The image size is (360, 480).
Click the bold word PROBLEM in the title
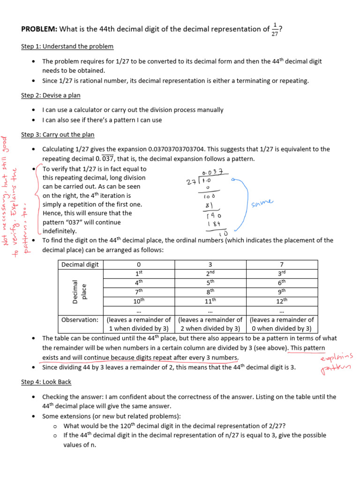click(39, 30)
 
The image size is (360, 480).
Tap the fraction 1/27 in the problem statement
click(275, 30)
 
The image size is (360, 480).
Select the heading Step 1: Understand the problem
click(67, 46)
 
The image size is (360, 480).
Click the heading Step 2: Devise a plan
click(51, 95)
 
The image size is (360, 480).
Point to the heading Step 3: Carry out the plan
click(58, 135)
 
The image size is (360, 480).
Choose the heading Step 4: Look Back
click(46, 382)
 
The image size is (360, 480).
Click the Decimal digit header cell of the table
click(80, 264)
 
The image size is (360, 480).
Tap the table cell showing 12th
click(281, 300)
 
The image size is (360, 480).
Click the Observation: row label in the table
click(80, 320)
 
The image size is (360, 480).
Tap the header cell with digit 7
click(281, 264)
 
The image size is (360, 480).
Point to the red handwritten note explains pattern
click(336, 364)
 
